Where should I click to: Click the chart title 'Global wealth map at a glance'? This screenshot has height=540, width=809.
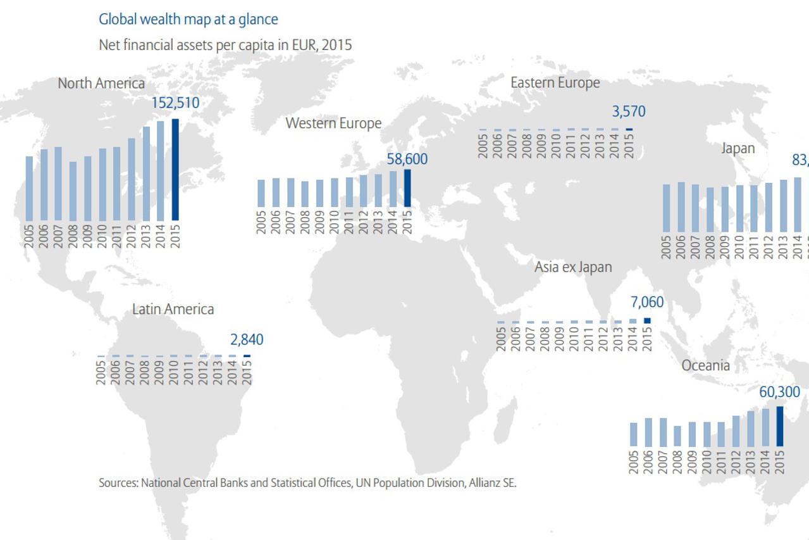(x=188, y=20)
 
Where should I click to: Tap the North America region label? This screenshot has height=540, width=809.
(x=101, y=84)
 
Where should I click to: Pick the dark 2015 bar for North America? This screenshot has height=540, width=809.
(x=175, y=169)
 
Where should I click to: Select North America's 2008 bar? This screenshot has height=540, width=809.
(x=73, y=191)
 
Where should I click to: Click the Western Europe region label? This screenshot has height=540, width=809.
(x=333, y=123)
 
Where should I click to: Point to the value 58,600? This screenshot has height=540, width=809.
(x=407, y=159)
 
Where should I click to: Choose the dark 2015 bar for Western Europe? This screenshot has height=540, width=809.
(x=407, y=187)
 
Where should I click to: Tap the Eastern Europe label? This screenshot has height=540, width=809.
(x=555, y=83)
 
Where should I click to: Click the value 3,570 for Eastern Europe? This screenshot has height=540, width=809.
(x=628, y=111)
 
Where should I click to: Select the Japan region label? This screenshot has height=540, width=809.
(x=738, y=149)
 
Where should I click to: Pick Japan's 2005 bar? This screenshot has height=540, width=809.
(x=666, y=208)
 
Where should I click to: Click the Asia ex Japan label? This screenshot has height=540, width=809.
(x=573, y=267)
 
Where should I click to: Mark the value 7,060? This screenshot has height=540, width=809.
(x=646, y=303)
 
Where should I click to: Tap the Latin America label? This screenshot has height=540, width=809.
(x=173, y=310)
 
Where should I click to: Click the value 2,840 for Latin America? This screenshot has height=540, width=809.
(x=247, y=340)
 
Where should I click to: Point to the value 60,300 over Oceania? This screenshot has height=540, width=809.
(x=779, y=392)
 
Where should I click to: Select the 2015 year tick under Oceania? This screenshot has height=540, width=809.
(x=779, y=462)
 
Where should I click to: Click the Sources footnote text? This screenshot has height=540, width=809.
(x=307, y=483)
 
